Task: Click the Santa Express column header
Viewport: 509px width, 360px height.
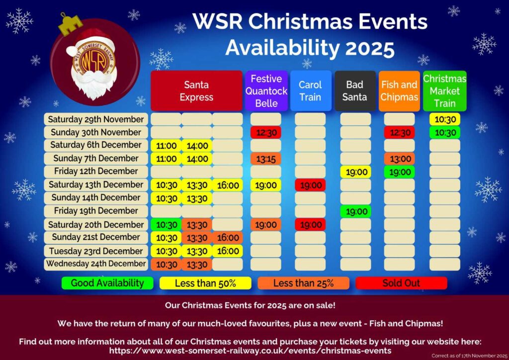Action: coord(196,91)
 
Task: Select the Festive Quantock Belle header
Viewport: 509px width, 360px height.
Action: coord(266,91)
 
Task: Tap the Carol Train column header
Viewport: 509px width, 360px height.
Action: coord(311,91)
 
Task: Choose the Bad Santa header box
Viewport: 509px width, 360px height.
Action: coord(355,91)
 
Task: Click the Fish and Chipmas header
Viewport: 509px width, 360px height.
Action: coord(399,91)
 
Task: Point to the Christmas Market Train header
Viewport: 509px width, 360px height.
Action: coord(445,91)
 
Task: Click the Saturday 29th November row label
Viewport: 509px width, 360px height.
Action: coord(96,119)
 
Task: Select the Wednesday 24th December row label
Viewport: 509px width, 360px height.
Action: coord(96,264)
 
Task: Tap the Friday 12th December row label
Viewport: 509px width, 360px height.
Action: coord(96,172)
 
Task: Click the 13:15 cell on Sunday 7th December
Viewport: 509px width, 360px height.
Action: coord(266,159)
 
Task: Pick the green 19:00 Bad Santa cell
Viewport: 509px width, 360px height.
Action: coord(356,212)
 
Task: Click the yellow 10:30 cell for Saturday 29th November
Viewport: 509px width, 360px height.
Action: coord(445,119)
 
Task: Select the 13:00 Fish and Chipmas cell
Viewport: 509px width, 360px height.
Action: coord(400,159)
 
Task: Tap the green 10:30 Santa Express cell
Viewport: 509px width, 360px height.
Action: coord(166,225)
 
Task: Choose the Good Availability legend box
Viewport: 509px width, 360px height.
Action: coord(107,283)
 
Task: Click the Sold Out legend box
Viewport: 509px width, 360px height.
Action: coord(401,283)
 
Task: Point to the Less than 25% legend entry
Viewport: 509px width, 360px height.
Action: coord(304,283)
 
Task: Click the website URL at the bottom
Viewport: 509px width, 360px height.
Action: coord(251,351)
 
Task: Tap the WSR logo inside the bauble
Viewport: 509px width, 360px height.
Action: coord(93,60)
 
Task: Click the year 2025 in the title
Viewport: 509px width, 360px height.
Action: coord(370,48)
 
